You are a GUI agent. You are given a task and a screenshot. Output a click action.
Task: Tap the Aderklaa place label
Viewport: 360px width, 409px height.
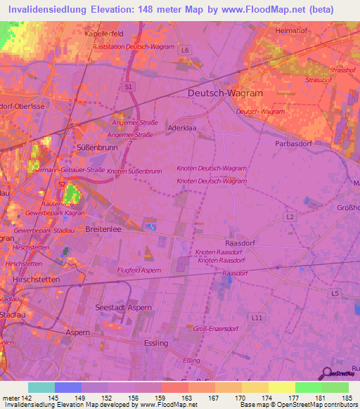(x=181, y=129)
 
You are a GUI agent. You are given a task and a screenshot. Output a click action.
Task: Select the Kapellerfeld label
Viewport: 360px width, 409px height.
(x=103, y=33)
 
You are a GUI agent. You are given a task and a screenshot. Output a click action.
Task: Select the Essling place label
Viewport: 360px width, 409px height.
(x=155, y=343)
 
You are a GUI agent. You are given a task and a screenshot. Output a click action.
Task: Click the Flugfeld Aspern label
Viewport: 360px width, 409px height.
(x=139, y=271)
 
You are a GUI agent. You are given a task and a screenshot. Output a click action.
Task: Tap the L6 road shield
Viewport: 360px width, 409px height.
(x=185, y=51)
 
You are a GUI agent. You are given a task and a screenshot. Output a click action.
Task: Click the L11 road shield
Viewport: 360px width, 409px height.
(x=257, y=318)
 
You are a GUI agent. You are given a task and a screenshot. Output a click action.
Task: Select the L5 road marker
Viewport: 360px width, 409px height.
(x=335, y=292)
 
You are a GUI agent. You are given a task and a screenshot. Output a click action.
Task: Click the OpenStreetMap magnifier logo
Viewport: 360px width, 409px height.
(x=327, y=374)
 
